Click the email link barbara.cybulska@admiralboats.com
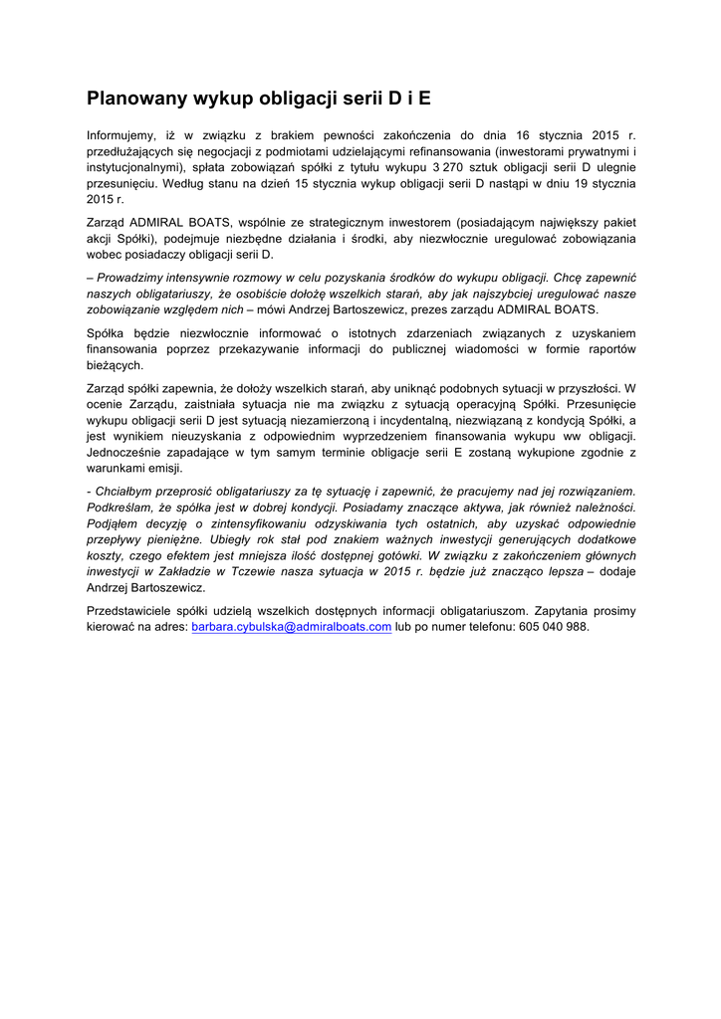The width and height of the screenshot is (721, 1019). click(291, 627)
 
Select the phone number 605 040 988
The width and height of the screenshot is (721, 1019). click(555, 627)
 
